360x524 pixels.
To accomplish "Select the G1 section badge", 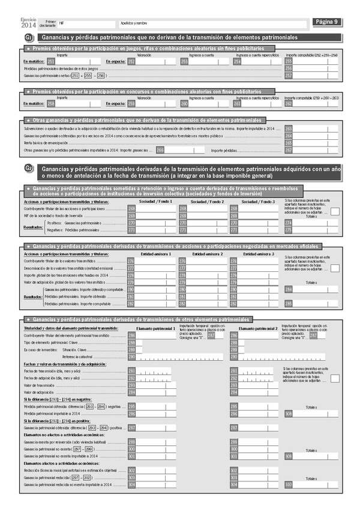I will [x=29, y=38].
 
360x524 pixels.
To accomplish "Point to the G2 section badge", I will [x=29, y=169].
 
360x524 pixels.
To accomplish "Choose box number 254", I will [x=238, y=61].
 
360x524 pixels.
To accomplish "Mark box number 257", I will [x=289, y=76].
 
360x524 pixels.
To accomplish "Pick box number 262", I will [x=289, y=103].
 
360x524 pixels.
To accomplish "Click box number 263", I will [x=289, y=129].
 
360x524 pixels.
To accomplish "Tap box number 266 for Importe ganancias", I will [x=160, y=151].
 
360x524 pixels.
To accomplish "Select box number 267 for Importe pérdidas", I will [x=289, y=151].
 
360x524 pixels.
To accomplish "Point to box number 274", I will [x=289, y=223].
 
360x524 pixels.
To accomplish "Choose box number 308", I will [x=289, y=414].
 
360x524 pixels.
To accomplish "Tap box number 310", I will [x=289, y=484].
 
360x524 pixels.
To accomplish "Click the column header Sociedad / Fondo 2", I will [x=206, y=202].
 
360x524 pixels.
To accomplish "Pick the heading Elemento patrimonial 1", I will [x=155, y=328].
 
